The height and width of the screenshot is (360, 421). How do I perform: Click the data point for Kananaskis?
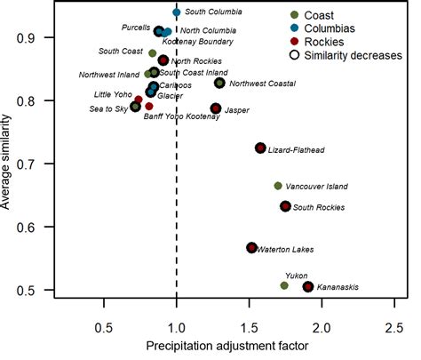pyautogui.click(x=308, y=286)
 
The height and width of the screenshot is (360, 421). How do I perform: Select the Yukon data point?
pyautogui.click(x=284, y=285)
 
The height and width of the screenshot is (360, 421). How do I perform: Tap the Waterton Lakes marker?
pyautogui.click(x=251, y=247)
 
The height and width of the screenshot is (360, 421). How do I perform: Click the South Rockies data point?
pyautogui.click(x=285, y=206)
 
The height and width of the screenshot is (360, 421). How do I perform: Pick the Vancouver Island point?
pyautogui.click(x=278, y=186)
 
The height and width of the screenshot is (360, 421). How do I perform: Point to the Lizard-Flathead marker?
pyautogui.click(x=260, y=148)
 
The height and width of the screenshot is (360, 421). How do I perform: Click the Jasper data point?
pyautogui.click(x=216, y=108)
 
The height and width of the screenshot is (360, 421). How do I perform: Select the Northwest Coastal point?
pyautogui.click(x=219, y=83)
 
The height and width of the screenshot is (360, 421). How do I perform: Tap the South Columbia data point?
pyautogui.click(x=177, y=12)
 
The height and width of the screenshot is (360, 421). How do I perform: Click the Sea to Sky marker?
pyautogui.click(x=135, y=107)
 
